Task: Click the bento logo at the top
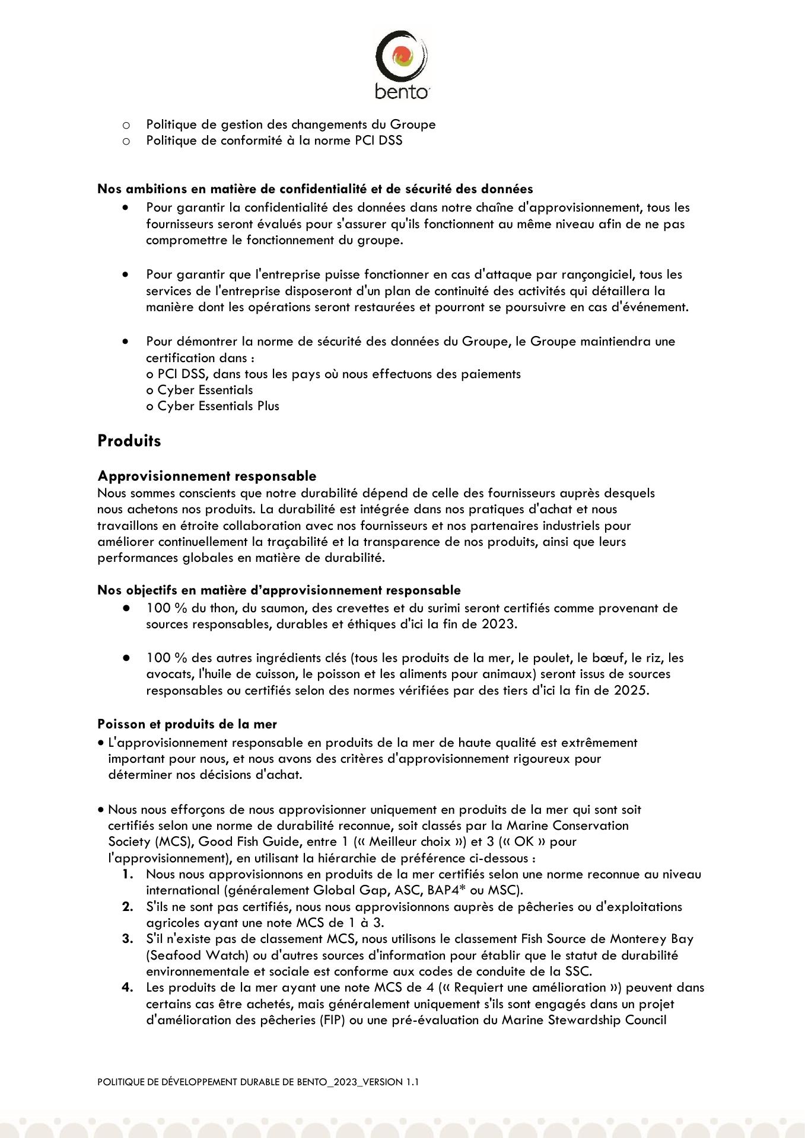402,65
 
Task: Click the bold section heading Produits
129,441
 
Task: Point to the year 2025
629,691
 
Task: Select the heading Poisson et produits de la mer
187,724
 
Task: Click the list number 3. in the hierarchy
128,939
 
